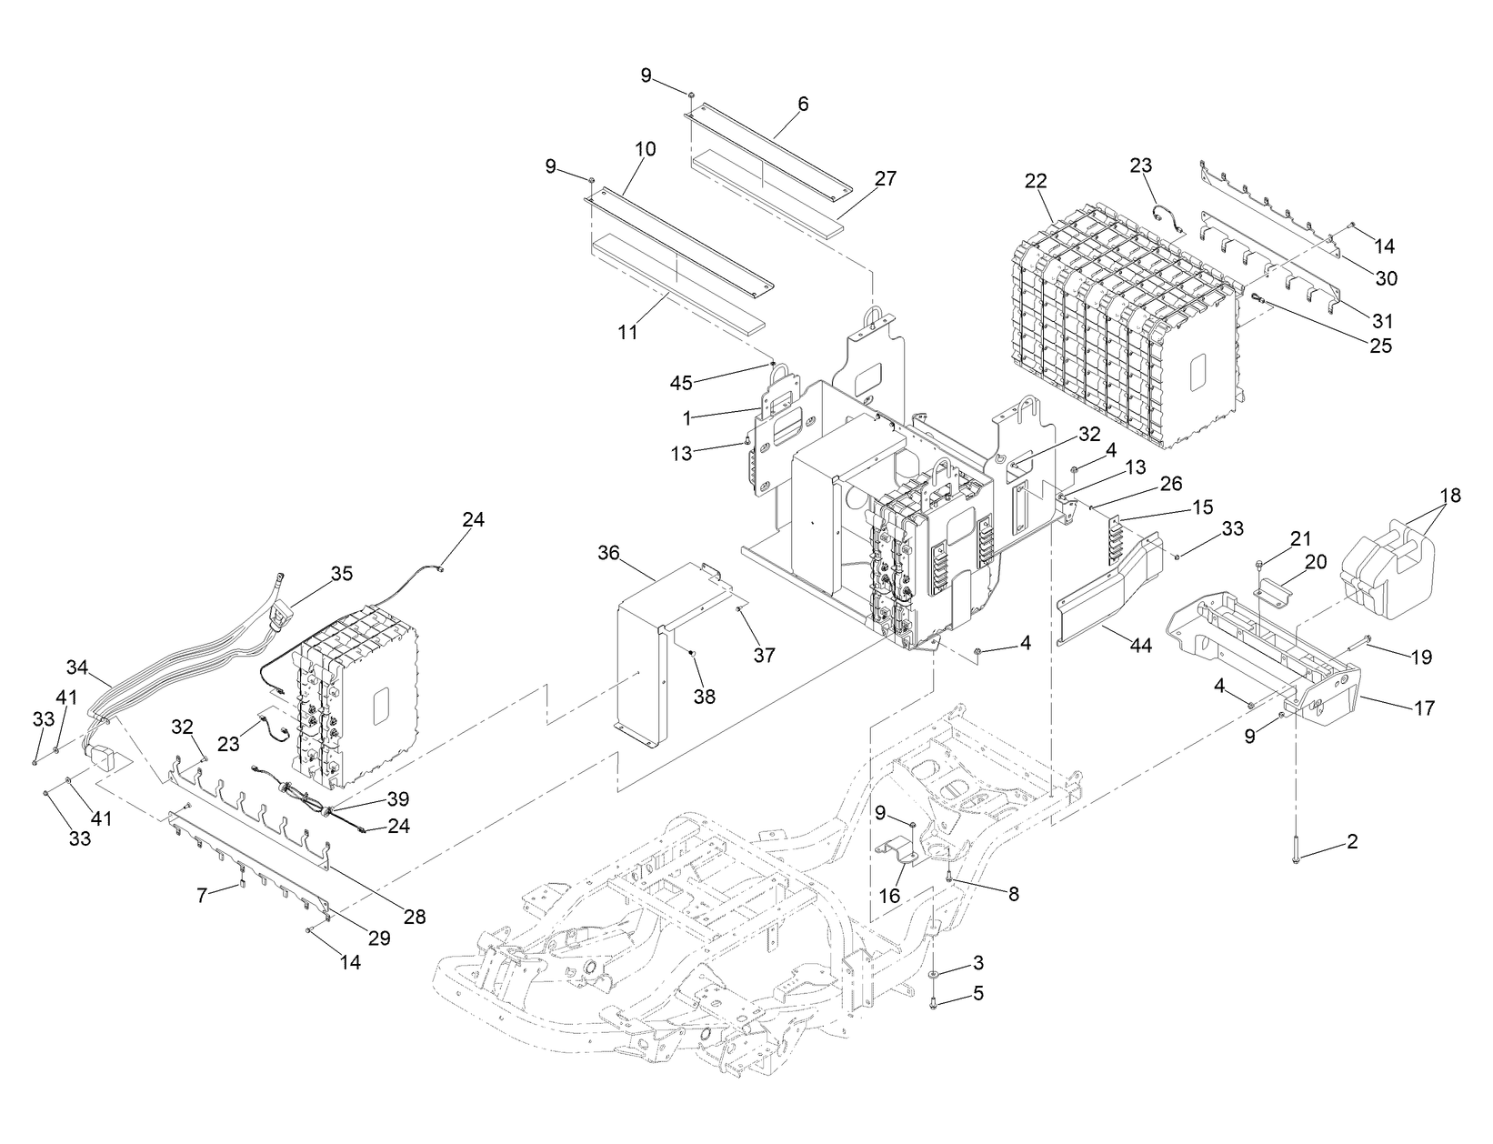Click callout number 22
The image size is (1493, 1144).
pyautogui.click(x=1036, y=182)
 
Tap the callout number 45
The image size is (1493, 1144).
pyautogui.click(x=681, y=383)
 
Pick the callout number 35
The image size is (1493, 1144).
pyautogui.click(x=341, y=574)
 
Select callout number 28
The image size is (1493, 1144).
pyautogui.click(x=415, y=917)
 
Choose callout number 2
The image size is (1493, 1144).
pyautogui.click(x=1352, y=842)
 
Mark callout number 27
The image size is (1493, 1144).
pyautogui.click(x=885, y=179)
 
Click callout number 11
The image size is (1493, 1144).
pyautogui.click(x=628, y=332)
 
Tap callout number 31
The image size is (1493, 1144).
pyautogui.click(x=1382, y=321)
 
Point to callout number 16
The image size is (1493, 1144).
pyautogui.click(x=889, y=896)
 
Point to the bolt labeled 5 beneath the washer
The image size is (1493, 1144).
pyautogui.click(x=935, y=1002)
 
